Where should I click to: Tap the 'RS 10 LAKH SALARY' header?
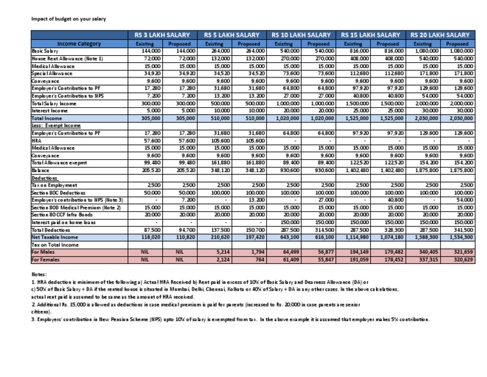(301, 34)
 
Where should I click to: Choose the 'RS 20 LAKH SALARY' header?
(440, 34)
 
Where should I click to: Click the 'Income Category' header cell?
(75, 44)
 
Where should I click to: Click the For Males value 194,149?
(358, 252)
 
